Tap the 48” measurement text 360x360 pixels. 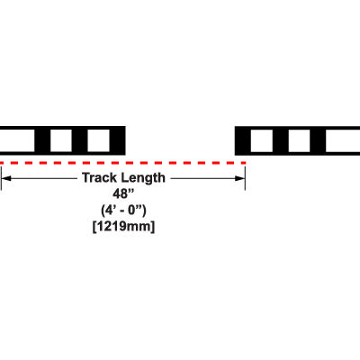click(123, 193)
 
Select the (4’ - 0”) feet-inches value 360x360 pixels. click(123, 211)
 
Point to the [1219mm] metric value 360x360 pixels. click(123, 226)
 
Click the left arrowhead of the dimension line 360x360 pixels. click(6, 178)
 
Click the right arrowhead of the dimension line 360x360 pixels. click(240, 178)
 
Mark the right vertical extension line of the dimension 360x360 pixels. click(245, 178)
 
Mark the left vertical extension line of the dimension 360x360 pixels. click(1, 178)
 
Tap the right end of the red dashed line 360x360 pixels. click(246, 163)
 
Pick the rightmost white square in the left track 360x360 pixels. click(98, 140)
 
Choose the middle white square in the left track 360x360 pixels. click(61, 140)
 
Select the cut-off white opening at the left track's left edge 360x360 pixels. click(17, 140)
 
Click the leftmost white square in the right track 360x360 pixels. click(262, 140)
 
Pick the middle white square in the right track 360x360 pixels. click(299, 140)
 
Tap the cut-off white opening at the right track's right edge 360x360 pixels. click(343, 140)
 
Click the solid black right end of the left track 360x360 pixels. click(118, 140)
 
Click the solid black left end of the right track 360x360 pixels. click(243, 140)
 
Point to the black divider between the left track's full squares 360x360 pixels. click(80, 140)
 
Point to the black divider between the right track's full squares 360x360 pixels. click(281, 140)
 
